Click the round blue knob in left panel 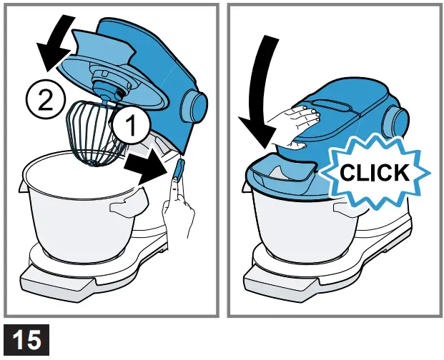[x=192, y=105]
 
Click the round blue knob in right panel [x=398, y=118]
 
